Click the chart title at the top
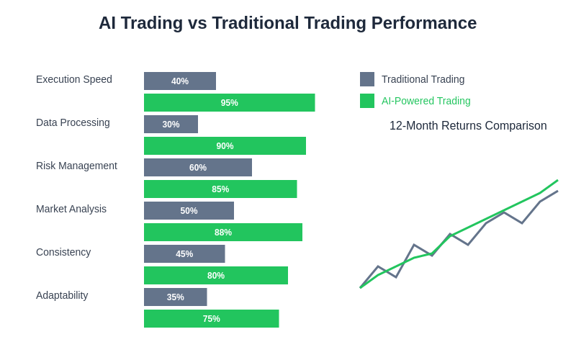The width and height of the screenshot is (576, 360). [287, 23]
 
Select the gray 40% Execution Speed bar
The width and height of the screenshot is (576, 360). [180, 81]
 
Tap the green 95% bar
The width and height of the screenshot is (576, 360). [229, 103]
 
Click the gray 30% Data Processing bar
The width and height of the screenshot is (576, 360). [171, 125]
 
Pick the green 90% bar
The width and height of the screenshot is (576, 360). [225, 146]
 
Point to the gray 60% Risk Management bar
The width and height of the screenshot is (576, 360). [198, 168]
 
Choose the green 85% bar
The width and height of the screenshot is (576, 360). [220, 189]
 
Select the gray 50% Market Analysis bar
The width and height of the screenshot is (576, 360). [189, 211]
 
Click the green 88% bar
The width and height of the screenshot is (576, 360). [223, 233]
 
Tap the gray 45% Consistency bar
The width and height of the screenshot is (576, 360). [184, 254]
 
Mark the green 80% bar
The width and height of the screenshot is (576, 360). [216, 276]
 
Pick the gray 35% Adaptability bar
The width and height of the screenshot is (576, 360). [176, 297]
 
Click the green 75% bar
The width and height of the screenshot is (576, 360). [211, 319]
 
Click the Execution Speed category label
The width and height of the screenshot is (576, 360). [74, 79]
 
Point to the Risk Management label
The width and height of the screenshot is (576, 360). [76, 166]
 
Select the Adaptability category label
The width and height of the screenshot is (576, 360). [62, 295]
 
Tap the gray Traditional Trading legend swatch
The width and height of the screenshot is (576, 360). [367, 79]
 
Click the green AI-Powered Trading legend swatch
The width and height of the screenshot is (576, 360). [367, 101]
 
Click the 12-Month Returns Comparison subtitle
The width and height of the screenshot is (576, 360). [468, 126]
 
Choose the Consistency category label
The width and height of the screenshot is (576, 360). [63, 252]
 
